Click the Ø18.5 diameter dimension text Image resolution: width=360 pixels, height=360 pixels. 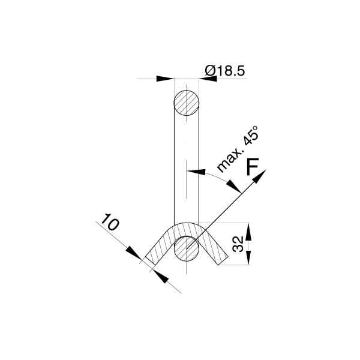pos(225,71)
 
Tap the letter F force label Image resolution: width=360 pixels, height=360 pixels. pos(253,166)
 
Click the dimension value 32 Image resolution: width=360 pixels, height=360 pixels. pos(238,244)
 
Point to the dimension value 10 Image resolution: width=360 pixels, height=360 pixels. pos(110,221)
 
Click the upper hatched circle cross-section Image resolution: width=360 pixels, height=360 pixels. pos(186,103)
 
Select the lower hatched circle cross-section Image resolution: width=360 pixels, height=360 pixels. pos(187,248)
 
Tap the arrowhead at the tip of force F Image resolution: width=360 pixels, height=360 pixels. pos(260,176)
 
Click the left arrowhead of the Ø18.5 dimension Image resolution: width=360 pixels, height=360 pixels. pos(165,79)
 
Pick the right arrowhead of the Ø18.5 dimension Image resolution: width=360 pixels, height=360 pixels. pos(208,79)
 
